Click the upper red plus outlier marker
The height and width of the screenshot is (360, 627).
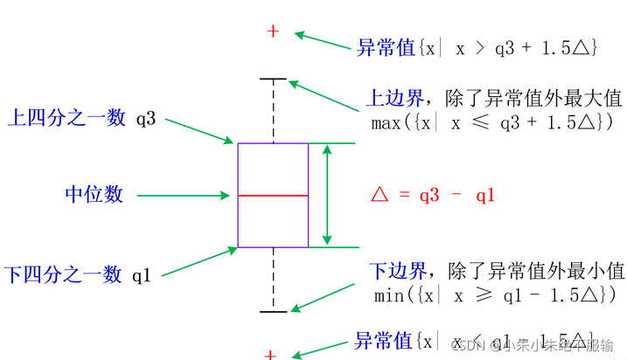(x=273, y=31)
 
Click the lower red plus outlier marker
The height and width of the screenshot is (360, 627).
(x=271, y=355)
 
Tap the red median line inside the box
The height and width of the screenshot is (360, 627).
(x=273, y=197)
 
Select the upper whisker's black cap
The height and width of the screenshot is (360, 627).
(x=274, y=80)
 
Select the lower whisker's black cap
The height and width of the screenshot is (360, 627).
(x=274, y=311)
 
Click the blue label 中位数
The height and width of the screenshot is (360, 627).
(x=94, y=194)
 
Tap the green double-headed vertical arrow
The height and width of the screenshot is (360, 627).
(x=327, y=195)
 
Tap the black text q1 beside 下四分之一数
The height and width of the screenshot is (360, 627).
(x=143, y=275)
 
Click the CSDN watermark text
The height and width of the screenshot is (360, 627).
(x=533, y=344)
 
